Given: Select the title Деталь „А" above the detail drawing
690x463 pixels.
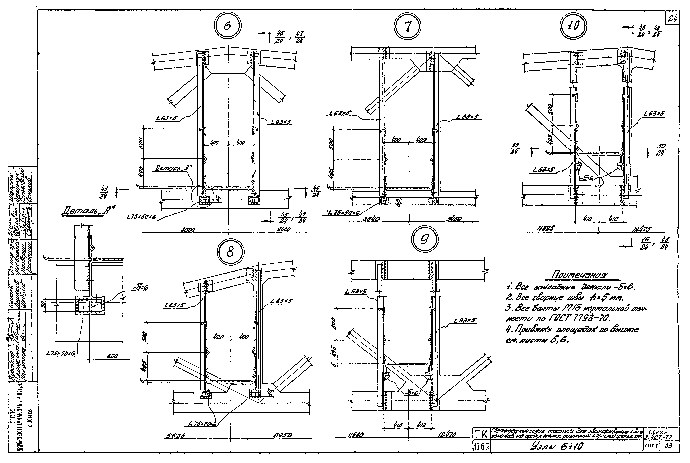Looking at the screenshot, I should tap(87, 212).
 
